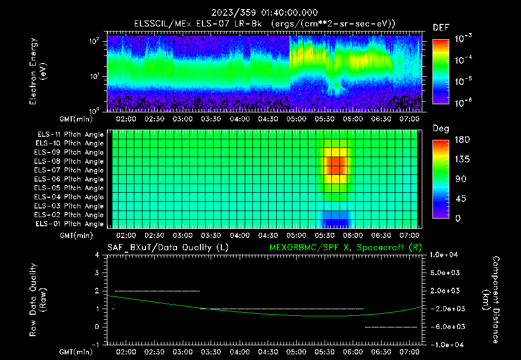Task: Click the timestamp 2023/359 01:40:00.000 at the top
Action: (260, 13)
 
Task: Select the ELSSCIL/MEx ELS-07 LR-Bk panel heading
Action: (260, 23)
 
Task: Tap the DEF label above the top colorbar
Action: (441, 28)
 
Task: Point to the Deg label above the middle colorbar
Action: (441, 129)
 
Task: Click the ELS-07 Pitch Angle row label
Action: (69, 170)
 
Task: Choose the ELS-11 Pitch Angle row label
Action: (69, 135)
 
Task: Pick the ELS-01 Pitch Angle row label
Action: (69, 224)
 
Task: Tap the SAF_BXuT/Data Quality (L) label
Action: (167, 248)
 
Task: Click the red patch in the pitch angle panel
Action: (335, 166)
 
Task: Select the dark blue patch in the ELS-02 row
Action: (335, 215)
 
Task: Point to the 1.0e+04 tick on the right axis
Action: (446, 255)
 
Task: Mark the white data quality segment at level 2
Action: (157, 291)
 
